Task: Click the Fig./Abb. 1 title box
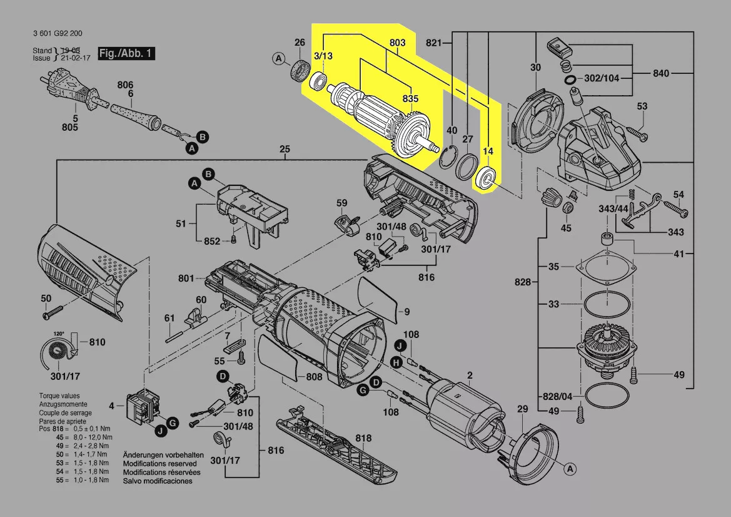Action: tap(126, 54)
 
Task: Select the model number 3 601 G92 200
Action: tap(57, 34)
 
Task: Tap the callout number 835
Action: tap(410, 99)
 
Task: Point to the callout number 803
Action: tap(398, 43)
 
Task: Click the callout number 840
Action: tap(660, 73)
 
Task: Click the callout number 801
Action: tap(186, 277)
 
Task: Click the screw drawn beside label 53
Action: tap(636, 133)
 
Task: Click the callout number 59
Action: tap(341, 203)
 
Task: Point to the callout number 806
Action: tap(125, 84)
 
